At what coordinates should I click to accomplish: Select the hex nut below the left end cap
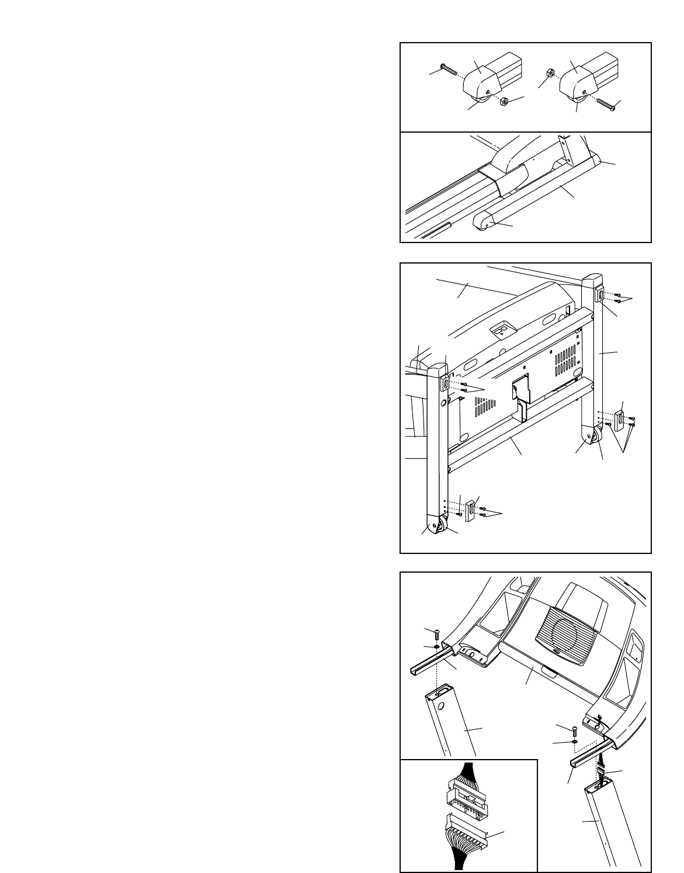(x=504, y=102)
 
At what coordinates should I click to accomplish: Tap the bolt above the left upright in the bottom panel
(x=436, y=632)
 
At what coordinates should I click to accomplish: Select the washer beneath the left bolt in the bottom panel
(x=437, y=647)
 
